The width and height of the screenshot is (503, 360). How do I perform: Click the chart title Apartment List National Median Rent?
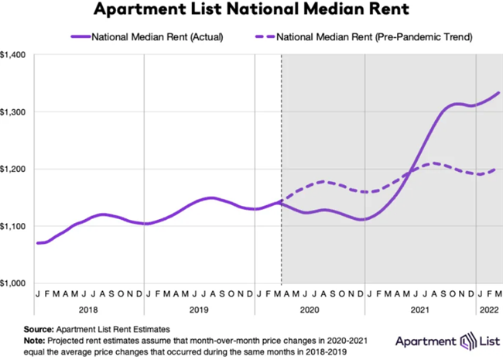[251, 11]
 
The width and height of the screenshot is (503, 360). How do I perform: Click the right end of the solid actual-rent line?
[498, 93]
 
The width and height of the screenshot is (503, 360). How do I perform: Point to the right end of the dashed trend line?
[496, 169]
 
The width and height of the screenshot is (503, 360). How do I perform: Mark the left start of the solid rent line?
[37, 243]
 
